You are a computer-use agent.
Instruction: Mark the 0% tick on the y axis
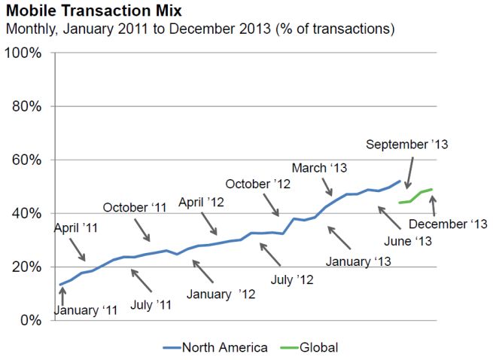pyautogui.click(x=29, y=320)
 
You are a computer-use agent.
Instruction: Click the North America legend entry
pyautogui.click(x=216, y=347)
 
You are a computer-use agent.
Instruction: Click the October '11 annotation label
pyautogui.click(x=135, y=207)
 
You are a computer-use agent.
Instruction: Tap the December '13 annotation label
pyautogui.click(x=448, y=224)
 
